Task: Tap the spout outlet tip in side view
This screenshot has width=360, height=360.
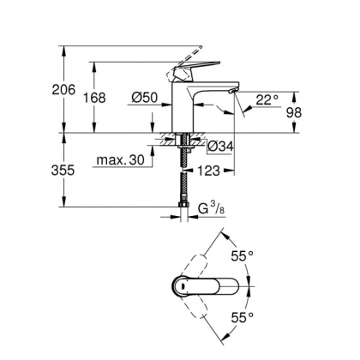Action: pyautogui.click(x=232, y=91)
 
